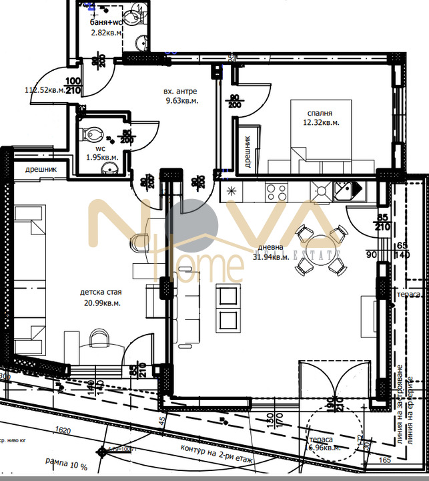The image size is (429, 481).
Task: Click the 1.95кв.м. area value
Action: tap(102, 158)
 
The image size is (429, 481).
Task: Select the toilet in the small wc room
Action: tap(90, 134)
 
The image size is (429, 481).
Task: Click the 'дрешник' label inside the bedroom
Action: tap(248, 152)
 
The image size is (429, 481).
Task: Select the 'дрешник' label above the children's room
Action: tap(41, 170)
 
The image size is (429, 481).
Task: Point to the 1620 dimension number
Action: tap(64, 432)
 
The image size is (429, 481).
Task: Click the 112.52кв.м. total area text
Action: tap(44, 90)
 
